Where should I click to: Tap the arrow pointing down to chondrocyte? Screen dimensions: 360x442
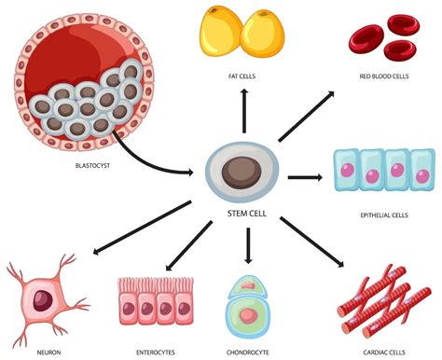pyautogui.click(x=247, y=244)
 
